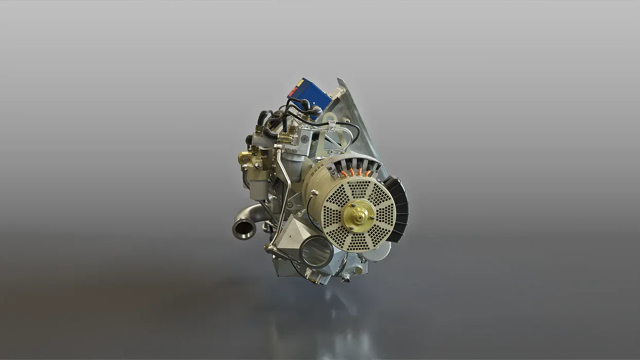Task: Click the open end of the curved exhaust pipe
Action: point(243,228)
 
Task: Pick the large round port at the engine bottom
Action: point(315,252)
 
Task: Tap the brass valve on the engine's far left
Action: point(246,159)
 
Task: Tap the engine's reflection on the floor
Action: point(329,319)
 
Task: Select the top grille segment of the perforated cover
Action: point(359,188)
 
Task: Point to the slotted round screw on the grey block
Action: point(306,138)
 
